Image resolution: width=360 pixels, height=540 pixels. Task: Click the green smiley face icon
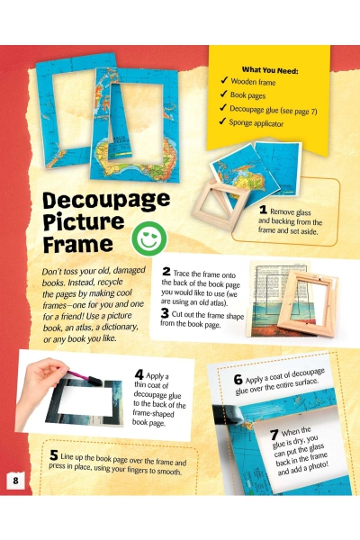(149, 238)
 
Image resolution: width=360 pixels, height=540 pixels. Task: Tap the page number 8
(15, 480)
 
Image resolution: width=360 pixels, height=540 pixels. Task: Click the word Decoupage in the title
(106, 201)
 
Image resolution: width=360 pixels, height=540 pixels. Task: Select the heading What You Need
(270, 70)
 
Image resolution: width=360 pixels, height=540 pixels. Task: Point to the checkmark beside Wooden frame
(224, 80)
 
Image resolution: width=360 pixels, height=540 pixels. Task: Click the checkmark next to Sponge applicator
(222, 121)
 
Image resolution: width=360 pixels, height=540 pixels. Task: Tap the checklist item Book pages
(247, 95)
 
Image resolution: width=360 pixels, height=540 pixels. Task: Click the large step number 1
(263, 210)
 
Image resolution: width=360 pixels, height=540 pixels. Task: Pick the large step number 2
(166, 272)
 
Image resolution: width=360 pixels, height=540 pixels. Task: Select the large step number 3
(165, 313)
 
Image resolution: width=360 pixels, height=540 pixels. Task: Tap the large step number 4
(139, 374)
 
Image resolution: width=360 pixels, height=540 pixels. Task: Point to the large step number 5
(53, 455)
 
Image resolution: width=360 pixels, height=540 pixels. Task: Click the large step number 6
(238, 380)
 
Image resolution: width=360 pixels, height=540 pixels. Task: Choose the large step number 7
(274, 435)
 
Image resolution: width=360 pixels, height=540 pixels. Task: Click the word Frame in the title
(78, 245)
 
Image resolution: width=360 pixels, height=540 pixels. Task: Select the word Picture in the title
(84, 223)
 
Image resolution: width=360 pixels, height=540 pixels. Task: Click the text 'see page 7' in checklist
(298, 111)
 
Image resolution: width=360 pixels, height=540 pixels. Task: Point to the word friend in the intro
(67, 316)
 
